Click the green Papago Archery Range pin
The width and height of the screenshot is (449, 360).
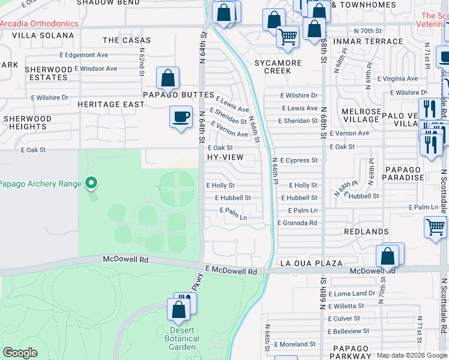click(x=91, y=182)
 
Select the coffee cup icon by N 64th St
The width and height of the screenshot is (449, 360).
click(x=180, y=116)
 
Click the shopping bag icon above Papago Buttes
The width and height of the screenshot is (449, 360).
click(x=167, y=78)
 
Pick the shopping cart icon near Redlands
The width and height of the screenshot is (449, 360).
click(x=435, y=228)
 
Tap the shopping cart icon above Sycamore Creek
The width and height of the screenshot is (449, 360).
click(x=288, y=37)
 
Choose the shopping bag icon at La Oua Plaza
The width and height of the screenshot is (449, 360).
click(x=388, y=256)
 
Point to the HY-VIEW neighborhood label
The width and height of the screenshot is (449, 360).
click(x=225, y=157)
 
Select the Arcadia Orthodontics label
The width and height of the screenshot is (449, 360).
click(x=39, y=23)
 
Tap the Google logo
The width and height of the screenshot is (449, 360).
click(x=20, y=353)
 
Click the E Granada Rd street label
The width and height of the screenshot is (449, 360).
click(x=297, y=223)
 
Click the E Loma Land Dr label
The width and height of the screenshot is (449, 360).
click(x=351, y=293)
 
